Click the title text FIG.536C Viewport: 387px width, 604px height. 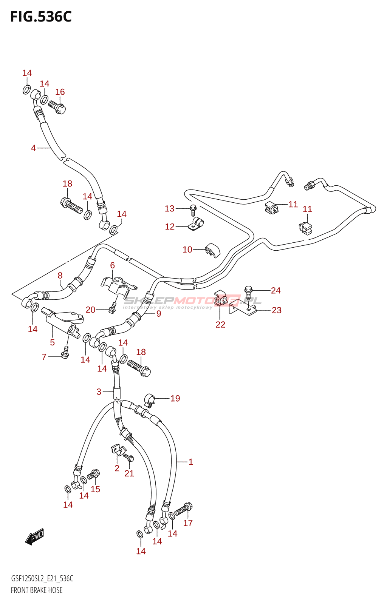41,17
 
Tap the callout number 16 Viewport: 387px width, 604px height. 60,92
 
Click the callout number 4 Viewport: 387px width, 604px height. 33,148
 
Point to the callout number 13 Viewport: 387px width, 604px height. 170,208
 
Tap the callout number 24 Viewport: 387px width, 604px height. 276,290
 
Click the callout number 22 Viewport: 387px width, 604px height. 220,324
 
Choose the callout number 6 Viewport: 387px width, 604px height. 112,265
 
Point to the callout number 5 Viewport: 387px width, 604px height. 52,342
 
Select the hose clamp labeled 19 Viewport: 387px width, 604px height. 150,400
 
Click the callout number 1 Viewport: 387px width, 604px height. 191,462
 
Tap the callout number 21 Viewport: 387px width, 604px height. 129,473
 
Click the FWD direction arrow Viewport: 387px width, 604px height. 35,536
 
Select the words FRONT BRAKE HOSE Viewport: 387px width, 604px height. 37,590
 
